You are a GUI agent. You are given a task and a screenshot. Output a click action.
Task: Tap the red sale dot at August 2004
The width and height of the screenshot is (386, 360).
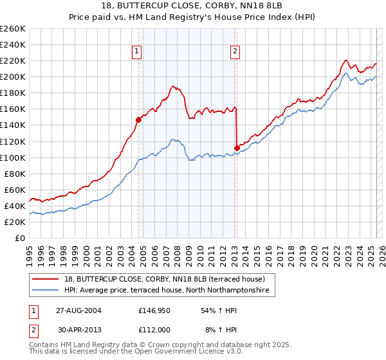pyautogui.click(x=138, y=119)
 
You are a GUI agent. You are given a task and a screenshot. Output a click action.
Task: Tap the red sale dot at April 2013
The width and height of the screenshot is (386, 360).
pyautogui.click(x=237, y=148)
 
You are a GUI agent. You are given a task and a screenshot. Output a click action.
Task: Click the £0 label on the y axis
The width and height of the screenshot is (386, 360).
pyautogui.click(x=20, y=238)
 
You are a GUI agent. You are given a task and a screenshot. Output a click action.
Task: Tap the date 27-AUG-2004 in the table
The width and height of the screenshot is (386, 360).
pyautogui.click(x=79, y=310)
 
